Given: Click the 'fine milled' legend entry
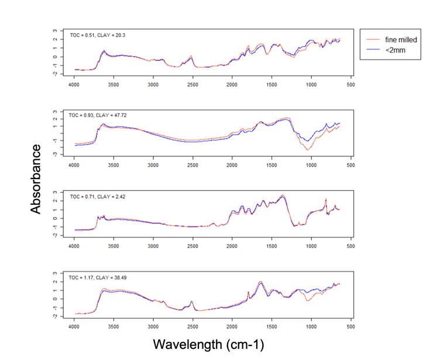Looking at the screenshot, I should (400, 39).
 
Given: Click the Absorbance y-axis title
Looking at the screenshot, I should (37, 179).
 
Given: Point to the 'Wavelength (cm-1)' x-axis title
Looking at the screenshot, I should (204, 344).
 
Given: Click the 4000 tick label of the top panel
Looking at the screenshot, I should (74, 85).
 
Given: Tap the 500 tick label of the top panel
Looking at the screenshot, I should (350, 85).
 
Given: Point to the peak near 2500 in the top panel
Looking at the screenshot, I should (191, 56).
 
